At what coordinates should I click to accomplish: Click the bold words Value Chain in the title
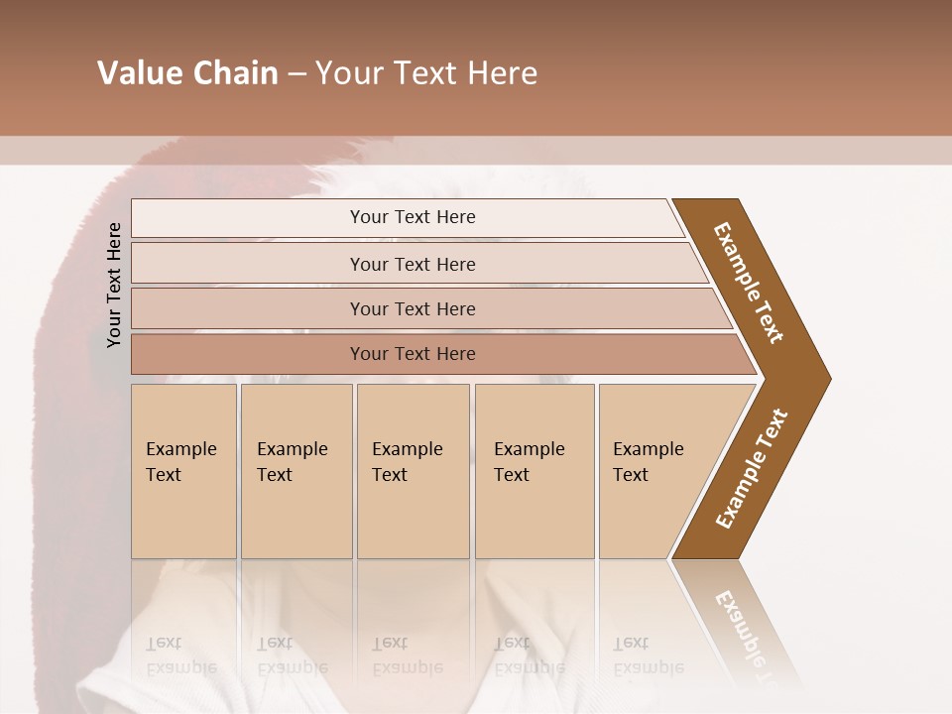click(x=187, y=73)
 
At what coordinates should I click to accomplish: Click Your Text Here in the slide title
click(x=426, y=73)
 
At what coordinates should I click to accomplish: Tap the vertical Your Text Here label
click(x=114, y=285)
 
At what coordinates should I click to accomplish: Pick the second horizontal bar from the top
click(x=413, y=264)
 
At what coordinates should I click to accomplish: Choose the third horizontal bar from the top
click(x=413, y=308)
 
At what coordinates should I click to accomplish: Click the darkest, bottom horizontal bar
click(x=413, y=354)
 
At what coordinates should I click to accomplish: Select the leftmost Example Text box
click(x=183, y=471)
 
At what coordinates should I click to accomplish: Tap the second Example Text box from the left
click(x=296, y=471)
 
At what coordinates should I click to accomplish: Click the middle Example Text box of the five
click(x=413, y=471)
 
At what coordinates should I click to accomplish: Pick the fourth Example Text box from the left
click(x=534, y=471)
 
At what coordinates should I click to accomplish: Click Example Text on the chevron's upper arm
click(x=749, y=283)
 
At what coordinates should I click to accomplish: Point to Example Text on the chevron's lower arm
click(x=752, y=469)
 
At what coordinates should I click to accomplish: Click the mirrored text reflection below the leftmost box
click(x=180, y=654)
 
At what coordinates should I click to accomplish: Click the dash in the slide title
click(x=297, y=74)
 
